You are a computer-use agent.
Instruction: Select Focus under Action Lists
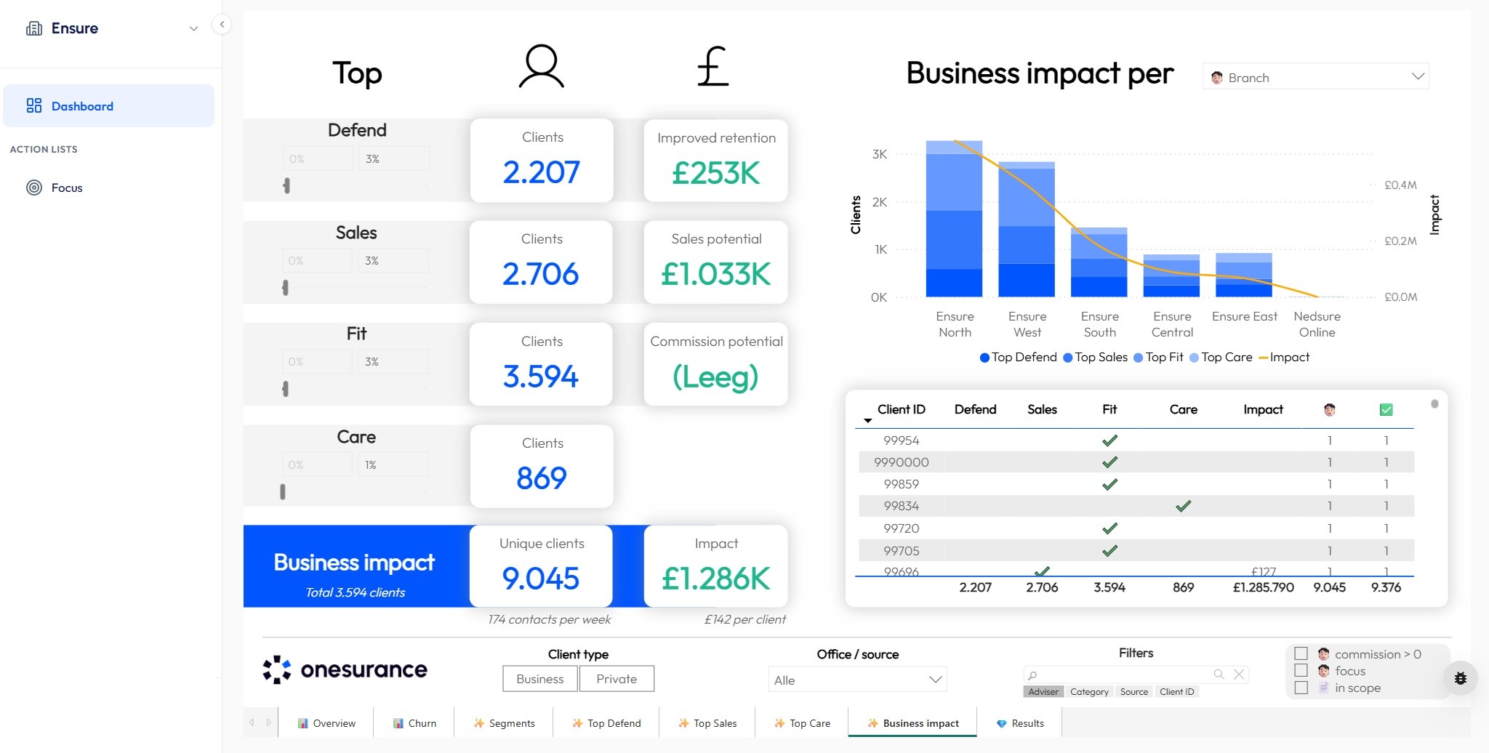pos(66,188)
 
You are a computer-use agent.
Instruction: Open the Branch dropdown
pos(1316,77)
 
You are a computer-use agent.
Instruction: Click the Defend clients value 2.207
pos(542,172)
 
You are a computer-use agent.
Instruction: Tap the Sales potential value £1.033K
pos(715,274)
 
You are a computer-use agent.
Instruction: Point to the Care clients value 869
pos(542,478)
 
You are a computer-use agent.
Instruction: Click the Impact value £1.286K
pos(715,579)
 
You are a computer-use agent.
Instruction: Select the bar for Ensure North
pos(954,218)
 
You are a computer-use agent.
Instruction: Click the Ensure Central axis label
pos(1172,324)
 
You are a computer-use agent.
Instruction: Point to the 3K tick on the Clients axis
pos(880,154)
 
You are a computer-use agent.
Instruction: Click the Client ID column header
pos(901,409)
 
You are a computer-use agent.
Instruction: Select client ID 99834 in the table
pos(901,506)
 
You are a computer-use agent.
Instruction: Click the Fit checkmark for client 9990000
pos(1109,462)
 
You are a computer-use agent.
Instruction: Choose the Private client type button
pos(617,679)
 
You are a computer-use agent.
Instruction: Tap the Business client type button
pos(539,679)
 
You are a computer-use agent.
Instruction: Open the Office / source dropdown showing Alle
pos(857,680)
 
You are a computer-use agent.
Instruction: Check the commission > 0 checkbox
pos(1301,653)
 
